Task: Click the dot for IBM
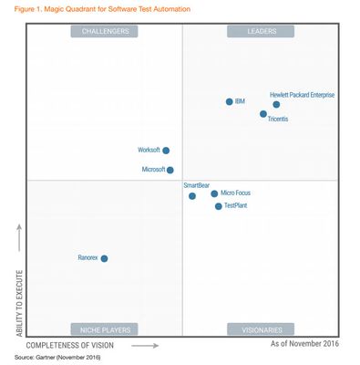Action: (229, 101)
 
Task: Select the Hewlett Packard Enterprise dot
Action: (276, 104)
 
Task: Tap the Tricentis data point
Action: (263, 114)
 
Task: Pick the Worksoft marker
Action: (166, 151)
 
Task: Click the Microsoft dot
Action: (170, 170)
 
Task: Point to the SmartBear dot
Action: (191, 195)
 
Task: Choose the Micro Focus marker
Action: (214, 193)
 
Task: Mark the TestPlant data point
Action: (218, 206)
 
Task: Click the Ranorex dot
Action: (104, 258)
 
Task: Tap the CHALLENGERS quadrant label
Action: (105, 31)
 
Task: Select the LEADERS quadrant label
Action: (261, 31)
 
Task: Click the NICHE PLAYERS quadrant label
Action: (105, 329)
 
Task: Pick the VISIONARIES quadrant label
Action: (261, 329)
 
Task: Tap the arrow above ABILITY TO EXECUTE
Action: (19, 235)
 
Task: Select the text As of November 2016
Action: (304, 344)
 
